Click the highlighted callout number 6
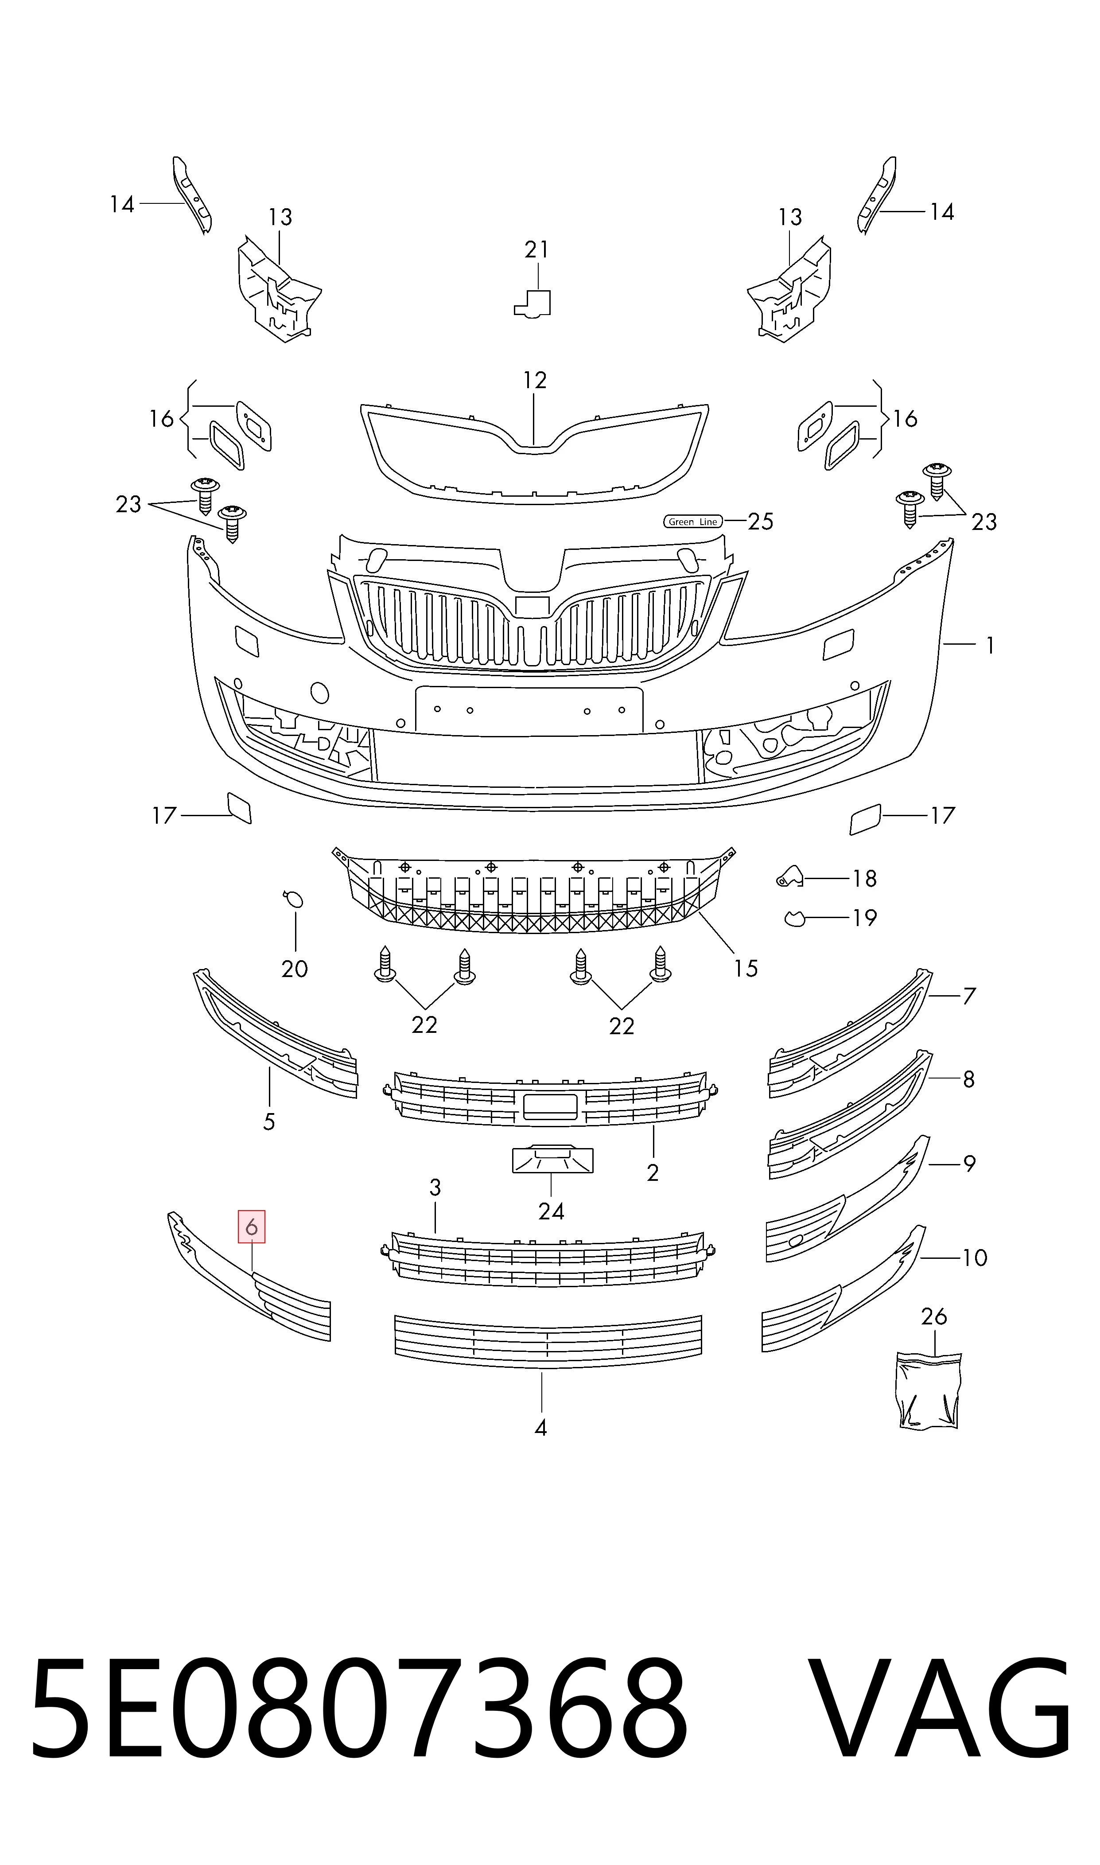pos(251,1227)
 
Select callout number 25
pos(761,522)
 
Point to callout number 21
pos(536,250)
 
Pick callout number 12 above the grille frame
pos(534,380)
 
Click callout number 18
pos(864,878)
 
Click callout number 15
pos(746,968)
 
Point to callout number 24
pos(552,1211)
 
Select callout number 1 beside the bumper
pos(990,646)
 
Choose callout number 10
pos(975,1258)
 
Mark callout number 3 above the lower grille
pos(435,1188)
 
